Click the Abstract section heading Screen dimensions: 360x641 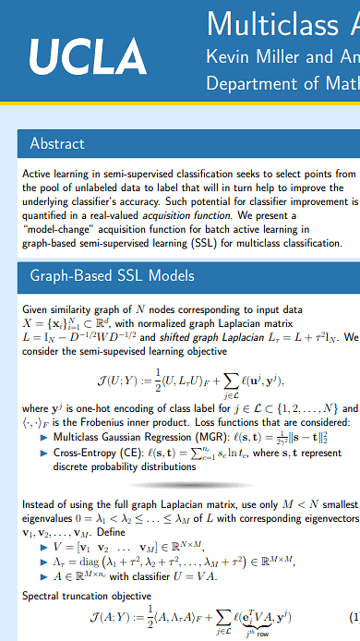point(57,143)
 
